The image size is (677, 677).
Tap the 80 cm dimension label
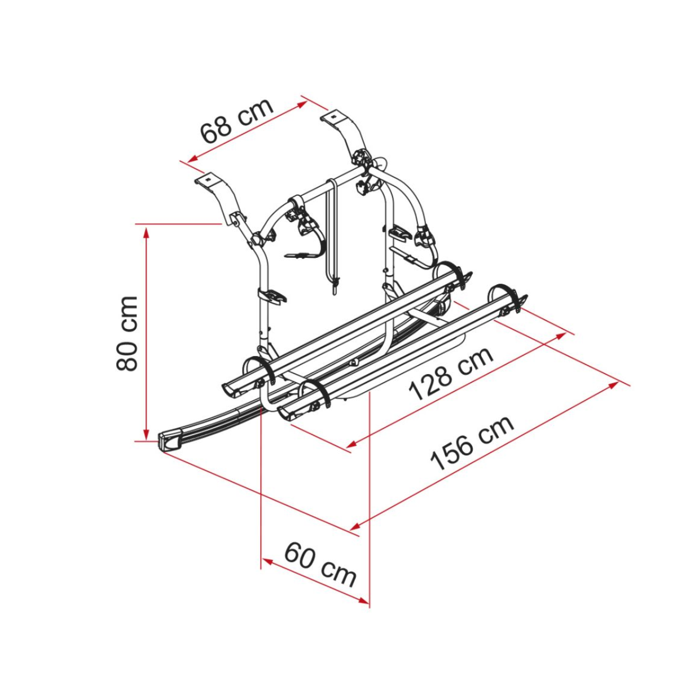point(126,333)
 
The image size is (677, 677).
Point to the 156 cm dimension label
point(472,443)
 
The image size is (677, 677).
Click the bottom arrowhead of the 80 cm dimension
point(147,435)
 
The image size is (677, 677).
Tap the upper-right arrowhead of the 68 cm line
point(302,103)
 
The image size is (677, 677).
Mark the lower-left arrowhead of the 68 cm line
point(193,159)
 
